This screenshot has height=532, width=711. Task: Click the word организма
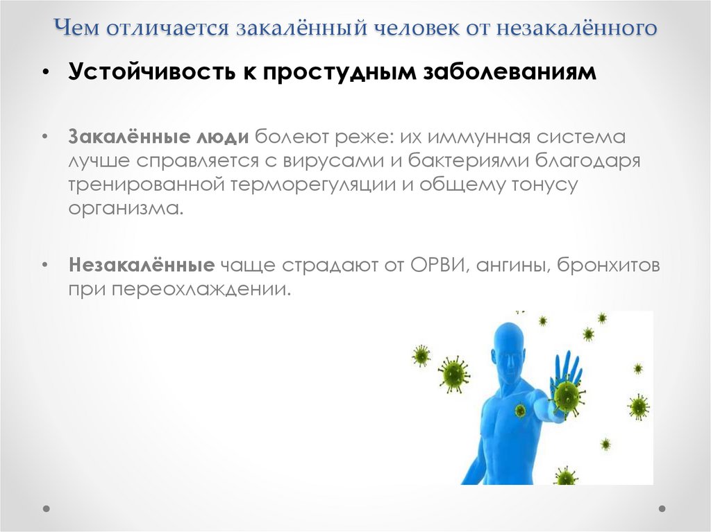point(126,208)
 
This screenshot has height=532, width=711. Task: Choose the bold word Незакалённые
point(140,265)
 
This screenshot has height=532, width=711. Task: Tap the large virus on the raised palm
point(567,395)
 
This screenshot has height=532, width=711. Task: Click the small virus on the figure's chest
point(520,410)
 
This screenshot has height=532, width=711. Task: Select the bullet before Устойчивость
point(45,74)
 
